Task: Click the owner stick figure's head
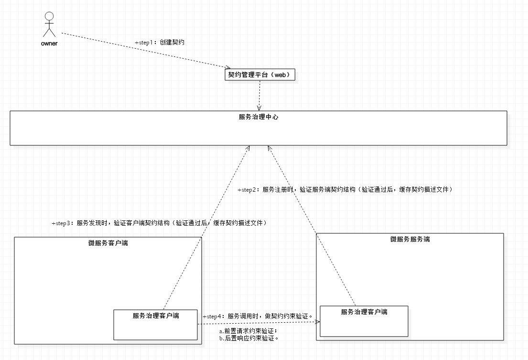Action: (x=49, y=16)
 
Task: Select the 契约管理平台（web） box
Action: (x=260, y=75)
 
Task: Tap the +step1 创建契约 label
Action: (x=160, y=42)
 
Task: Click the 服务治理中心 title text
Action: (x=258, y=117)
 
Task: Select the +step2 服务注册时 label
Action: (x=345, y=189)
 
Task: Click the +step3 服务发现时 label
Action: (x=159, y=223)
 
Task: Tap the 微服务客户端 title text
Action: (x=108, y=243)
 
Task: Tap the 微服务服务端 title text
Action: (x=410, y=239)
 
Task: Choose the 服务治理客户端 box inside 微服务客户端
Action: (x=155, y=325)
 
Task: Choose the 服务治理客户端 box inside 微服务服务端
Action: (x=364, y=321)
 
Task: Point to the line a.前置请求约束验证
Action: (x=248, y=331)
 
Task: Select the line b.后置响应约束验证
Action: (x=248, y=338)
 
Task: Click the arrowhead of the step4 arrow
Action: (x=317, y=322)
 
